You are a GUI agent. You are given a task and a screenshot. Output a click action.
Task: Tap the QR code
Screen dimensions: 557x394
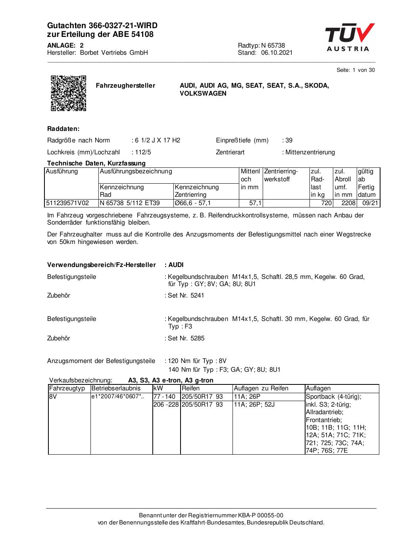(68, 93)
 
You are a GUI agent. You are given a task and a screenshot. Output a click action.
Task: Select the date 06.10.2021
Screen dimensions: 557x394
(277, 53)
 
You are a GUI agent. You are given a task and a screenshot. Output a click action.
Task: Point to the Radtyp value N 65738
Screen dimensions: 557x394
(273, 45)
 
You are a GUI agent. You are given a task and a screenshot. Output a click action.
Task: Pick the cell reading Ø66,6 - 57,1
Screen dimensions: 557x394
(193, 203)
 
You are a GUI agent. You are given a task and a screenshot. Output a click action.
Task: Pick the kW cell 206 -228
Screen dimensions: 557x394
(166, 405)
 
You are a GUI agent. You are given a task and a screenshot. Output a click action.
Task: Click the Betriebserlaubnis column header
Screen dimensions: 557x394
(116, 388)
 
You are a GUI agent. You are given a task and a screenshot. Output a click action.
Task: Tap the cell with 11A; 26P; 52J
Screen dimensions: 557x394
(254, 405)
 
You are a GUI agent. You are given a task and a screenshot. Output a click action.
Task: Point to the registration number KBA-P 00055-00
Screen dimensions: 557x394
(261, 515)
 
